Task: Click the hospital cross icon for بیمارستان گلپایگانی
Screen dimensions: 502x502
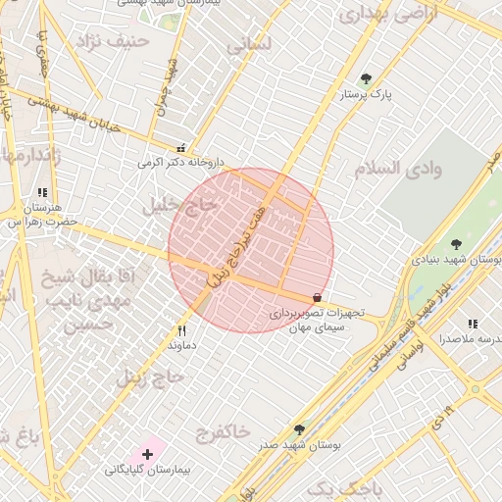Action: pos(147,454)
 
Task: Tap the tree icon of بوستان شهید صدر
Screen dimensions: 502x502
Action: pos(299,429)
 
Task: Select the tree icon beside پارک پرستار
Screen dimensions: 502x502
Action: pos(366,78)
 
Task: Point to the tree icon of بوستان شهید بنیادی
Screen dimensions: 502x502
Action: pos(455,243)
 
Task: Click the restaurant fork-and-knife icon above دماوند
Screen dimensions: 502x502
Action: pos(181,330)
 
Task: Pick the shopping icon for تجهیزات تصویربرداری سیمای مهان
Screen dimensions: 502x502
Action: pos(317,297)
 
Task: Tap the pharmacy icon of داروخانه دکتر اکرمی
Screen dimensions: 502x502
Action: pos(181,147)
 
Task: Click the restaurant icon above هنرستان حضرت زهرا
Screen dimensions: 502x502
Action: pos(41,193)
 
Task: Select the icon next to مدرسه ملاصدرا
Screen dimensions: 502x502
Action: pos(473,324)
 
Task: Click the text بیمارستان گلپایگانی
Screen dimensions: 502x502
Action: pos(146,471)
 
